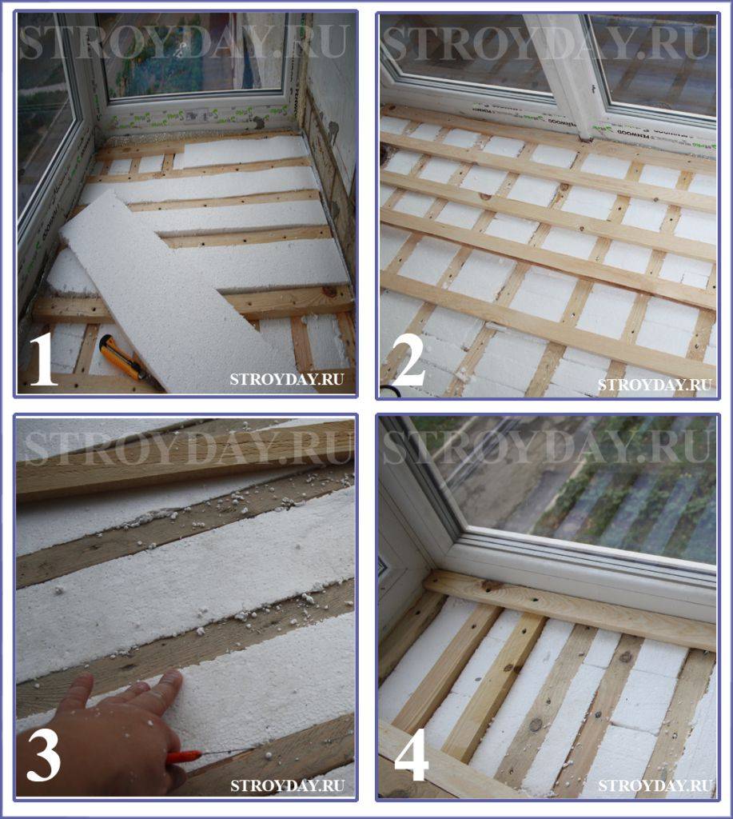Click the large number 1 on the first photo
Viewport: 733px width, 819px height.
tap(44, 361)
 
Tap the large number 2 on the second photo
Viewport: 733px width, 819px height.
tap(408, 361)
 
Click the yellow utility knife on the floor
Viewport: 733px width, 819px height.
tap(123, 358)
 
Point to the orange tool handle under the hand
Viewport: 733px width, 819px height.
tap(184, 757)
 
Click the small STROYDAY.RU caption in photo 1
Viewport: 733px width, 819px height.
tap(287, 378)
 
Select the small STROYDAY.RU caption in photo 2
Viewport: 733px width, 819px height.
tap(655, 385)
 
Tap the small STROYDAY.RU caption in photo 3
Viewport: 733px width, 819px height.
tap(287, 785)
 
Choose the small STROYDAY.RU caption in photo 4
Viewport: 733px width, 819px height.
tap(655, 785)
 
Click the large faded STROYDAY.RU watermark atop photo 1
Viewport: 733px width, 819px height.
tap(184, 41)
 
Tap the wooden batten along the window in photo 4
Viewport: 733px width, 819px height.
tap(569, 610)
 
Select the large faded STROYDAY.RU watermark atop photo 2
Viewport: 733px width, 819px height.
tap(546, 41)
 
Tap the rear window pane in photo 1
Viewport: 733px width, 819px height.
tap(194, 52)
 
